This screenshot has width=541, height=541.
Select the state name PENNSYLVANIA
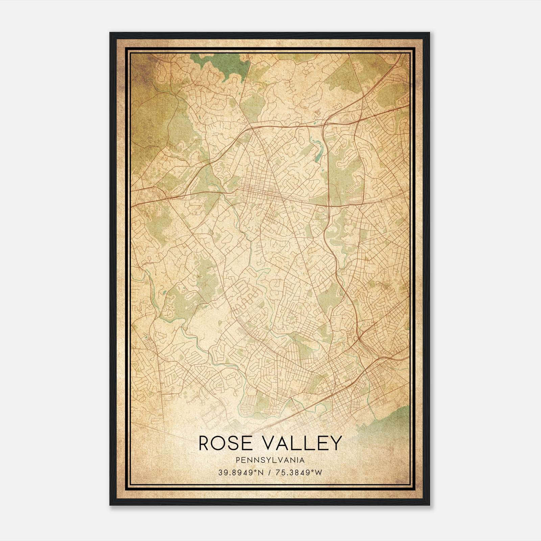(x=270, y=460)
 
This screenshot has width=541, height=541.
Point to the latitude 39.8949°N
(x=240, y=473)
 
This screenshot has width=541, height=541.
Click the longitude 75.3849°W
(x=299, y=473)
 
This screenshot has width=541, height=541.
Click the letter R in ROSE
(x=204, y=444)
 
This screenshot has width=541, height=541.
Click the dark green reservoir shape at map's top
(x=220, y=63)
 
